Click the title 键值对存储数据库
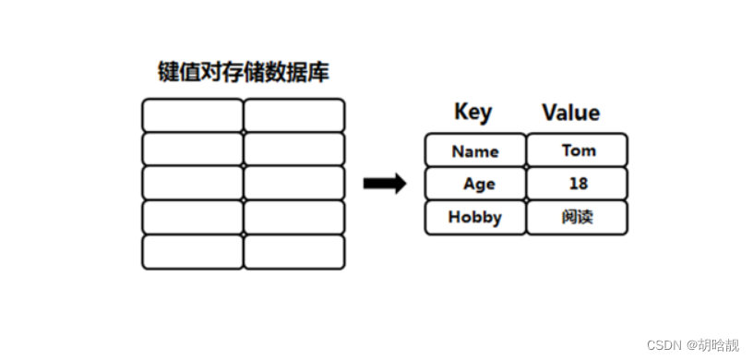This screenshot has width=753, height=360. tap(243, 72)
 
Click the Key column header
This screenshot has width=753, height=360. tap(472, 113)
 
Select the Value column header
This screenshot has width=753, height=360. tap(570, 113)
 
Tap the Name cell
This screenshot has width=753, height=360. tap(475, 150)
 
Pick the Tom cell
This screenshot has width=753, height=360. tap(578, 150)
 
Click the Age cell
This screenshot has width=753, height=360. tap(475, 184)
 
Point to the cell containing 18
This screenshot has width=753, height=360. tap(578, 184)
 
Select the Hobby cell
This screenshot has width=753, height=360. tap(475, 218)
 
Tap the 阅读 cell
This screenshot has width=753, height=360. tap(578, 218)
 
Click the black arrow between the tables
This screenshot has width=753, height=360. tap(385, 184)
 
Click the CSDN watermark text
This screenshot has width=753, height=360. tap(663, 344)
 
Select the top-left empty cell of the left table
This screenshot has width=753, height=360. tap(192, 115)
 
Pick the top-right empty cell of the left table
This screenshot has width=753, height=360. tap(293, 115)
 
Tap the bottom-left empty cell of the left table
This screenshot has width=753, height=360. tap(192, 252)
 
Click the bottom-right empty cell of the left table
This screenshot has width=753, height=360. tap(293, 252)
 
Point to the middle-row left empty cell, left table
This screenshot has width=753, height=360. tap(192, 183)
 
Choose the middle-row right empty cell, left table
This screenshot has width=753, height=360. tap(293, 183)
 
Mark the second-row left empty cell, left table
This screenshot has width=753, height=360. tap(192, 149)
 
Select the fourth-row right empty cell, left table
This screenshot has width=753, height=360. tap(293, 218)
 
